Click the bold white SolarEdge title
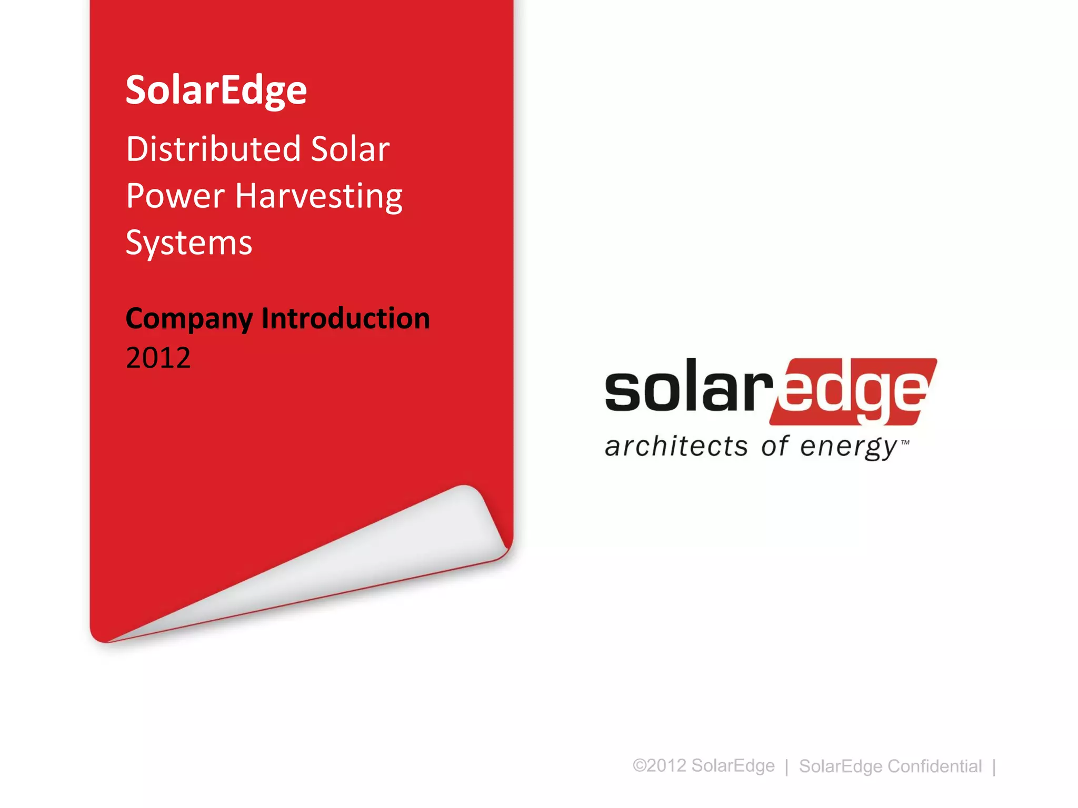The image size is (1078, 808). point(216,90)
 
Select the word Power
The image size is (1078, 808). point(175,196)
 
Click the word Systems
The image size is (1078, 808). point(188,243)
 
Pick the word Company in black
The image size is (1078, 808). point(189,319)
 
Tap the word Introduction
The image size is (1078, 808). point(345,318)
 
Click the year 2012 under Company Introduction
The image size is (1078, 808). point(158,358)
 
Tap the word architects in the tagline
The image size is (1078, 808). point(676,446)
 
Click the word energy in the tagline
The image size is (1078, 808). point(847,447)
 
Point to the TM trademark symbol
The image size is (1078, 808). point(905,442)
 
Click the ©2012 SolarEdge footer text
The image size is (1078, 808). point(703,765)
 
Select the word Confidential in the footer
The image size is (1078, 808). point(934,766)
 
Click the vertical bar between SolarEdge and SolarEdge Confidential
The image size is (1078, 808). point(786,766)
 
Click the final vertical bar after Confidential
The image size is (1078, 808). point(994,766)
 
